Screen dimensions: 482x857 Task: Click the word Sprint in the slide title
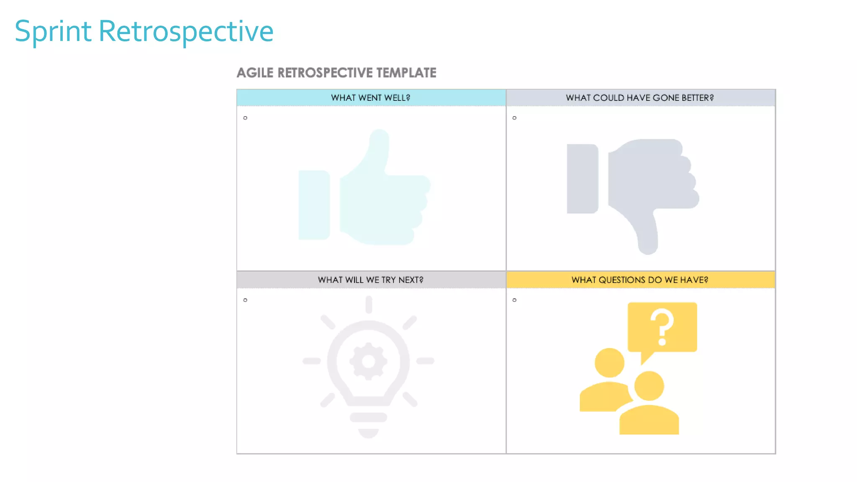(x=53, y=32)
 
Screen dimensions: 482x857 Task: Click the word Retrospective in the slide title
(x=186, y=32)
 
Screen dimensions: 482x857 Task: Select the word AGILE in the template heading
(x=255, y=73)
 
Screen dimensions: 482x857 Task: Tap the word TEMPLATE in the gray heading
(x=406, y=73)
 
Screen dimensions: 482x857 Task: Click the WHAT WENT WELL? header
(x=371, y=97)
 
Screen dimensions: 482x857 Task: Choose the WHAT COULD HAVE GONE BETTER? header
(x=640, y=97)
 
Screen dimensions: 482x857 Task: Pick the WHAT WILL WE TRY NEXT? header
(x=371, y=279)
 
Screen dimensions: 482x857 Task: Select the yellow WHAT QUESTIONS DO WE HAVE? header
(x=640, y=279)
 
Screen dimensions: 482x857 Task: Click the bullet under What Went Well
(x=245, y=118)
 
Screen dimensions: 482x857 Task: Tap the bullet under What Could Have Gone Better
(x=514, y=118)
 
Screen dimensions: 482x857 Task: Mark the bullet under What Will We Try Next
(x=245, y=300)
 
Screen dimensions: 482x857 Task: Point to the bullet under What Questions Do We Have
(x=514, y=300)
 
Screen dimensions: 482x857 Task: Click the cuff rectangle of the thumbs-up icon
(x=314, y=205)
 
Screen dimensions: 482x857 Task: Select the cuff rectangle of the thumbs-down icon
(x=582, y=179)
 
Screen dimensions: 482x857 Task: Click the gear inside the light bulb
(x=368, y=361)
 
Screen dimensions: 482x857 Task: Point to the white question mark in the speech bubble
(x=662, y=326)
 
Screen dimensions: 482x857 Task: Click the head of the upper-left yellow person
(x=609, y=362)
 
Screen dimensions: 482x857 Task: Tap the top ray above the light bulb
(x=369, y=304)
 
